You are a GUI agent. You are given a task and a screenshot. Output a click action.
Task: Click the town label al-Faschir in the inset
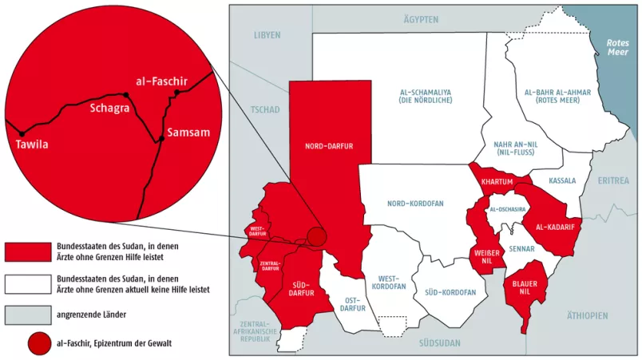pyautogui.click(x=160, y=80)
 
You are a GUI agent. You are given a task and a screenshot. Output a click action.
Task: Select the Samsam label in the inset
pyautogui.click(x=188, y=133)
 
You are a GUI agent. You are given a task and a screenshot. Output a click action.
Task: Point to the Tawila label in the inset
pyautogui.click(x=32, y=144)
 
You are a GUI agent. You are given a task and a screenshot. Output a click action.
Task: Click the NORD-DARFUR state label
pyautogui.click(x=328, y=146)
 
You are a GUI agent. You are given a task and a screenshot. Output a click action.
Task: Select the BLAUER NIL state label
pyautogui.click(x=523, y=285)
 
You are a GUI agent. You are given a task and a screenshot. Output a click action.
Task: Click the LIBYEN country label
pyautogui.click(x=267, y=35)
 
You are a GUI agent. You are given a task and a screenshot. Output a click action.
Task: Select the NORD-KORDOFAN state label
pyautogui.click(x=414, y=204)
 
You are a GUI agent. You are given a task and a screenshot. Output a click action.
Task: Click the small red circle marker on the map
pyautogui.click(x=317, y=237)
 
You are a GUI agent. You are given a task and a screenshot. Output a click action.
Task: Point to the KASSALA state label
pyautogui.click(x=562, y=181)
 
